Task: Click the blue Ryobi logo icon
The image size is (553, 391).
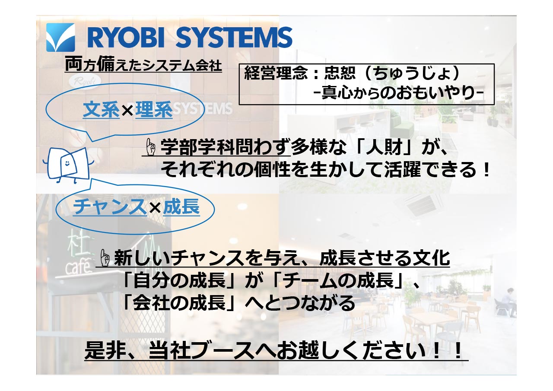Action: (x=60, y=37)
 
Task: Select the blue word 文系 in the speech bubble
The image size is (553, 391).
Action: (x=101, y=110)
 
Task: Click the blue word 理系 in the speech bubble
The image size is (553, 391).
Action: (x=154, y=110)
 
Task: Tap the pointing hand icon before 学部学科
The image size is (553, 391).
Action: (x=150, y=147)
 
